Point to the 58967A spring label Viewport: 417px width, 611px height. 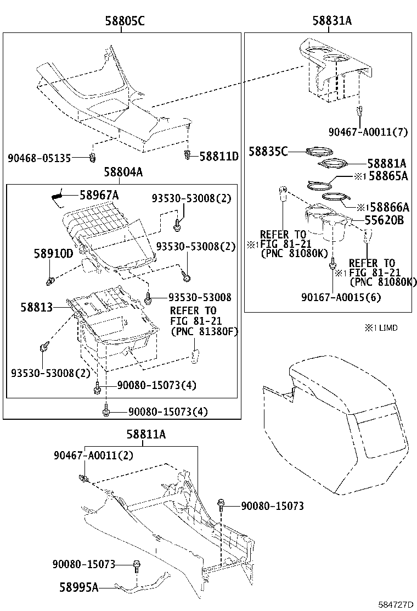coord(99,195)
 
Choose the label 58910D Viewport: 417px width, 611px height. coord(54,253)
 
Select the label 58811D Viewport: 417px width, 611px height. coord(219,157)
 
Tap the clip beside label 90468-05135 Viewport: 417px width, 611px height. coord(92,158)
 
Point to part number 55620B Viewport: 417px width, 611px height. coord(384,220)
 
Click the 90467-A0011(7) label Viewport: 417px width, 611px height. coord(368,132)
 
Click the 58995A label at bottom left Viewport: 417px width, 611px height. coord(78,587)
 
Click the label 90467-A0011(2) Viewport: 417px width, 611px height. coord(93,456)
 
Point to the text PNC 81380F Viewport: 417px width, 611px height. coord(204,331)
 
